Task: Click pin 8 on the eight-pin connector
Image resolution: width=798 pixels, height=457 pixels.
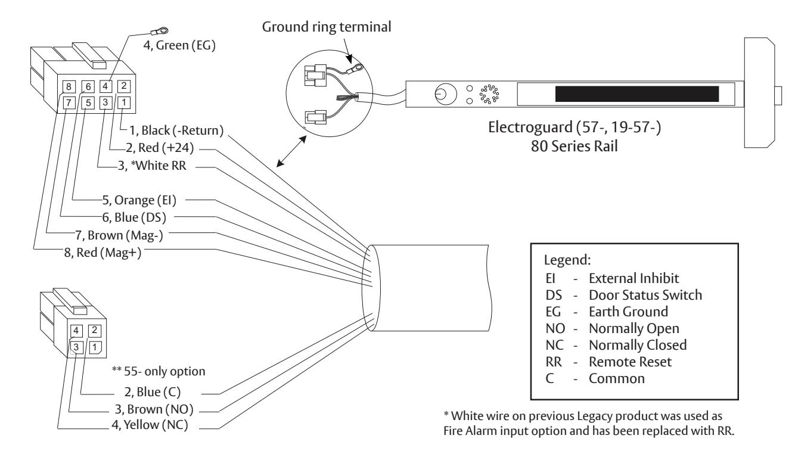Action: [69, 86]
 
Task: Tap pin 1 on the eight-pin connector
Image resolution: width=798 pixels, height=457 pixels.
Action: [123, 102]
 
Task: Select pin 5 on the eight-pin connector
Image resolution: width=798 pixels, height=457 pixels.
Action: [88, 103]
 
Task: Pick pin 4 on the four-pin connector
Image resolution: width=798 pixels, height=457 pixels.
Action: [76, 331]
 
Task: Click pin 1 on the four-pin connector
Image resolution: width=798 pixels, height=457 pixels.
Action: [95, 347]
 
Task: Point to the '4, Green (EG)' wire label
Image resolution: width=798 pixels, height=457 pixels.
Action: [179, 46]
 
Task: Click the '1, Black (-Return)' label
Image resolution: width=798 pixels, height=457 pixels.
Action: [176, 130]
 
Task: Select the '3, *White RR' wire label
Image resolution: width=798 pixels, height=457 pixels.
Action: [152, 166]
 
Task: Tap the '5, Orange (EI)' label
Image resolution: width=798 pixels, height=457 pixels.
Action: [139, 200]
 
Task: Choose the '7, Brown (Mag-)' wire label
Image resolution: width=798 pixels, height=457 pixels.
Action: [119, 235]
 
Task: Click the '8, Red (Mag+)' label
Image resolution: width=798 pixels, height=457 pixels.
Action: [103, 253]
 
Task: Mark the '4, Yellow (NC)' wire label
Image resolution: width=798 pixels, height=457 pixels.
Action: [150, 425]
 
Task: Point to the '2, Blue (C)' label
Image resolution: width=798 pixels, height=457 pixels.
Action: [153, 392]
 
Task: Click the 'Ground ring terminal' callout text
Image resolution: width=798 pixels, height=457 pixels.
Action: [327, 27]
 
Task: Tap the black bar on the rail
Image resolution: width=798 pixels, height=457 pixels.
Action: [637, 94]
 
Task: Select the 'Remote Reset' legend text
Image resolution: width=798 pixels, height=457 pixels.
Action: [630, 362]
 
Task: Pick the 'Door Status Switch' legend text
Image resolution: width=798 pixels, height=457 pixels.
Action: [645, 296]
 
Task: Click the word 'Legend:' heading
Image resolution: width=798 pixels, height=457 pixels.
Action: [567, 260]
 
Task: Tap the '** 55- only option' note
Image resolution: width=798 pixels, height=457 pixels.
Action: [159, 372]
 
